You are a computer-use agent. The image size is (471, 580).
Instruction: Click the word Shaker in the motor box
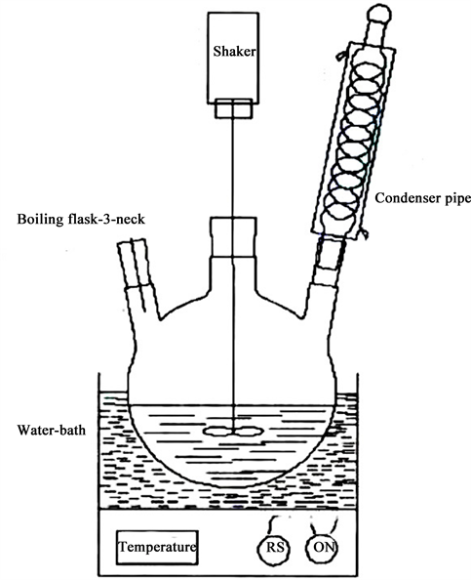point(234,51)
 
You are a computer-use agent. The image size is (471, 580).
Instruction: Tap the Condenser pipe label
point(423,198)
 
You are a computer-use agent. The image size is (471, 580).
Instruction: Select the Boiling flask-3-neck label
point(81,220)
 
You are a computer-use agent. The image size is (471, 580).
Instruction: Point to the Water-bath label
point(52,430)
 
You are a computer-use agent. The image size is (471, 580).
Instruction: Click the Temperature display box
point(157,548)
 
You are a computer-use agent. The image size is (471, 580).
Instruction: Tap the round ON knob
point(323,548)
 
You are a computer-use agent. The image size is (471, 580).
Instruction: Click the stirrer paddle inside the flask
point(233,431)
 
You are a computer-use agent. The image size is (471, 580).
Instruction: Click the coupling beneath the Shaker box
point(234,108)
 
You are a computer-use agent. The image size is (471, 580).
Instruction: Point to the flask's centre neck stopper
point(233,236)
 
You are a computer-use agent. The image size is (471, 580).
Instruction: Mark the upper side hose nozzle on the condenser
point(341,56)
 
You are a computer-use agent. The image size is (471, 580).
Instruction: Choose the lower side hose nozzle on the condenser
point(365,233)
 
